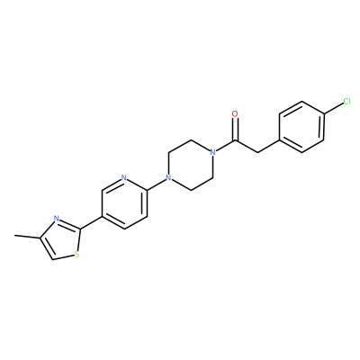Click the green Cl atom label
[346, 102]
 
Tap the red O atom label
[235, 114]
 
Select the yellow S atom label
[77, 255]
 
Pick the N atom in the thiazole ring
[55, 219]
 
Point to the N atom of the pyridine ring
[124, 177]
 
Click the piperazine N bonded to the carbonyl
[212, 152]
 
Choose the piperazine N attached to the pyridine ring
[168, 178]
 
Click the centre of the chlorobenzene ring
[301, 127]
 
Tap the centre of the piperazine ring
[191, 165]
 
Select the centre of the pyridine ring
[124, 203]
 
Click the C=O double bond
[236, 129]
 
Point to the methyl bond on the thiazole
[27, 237]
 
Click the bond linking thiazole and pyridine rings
[91, 223]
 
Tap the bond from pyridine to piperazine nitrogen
[157, 184]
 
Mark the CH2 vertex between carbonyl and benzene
[257, 152]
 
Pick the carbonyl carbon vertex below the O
[236, 140]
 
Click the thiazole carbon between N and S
[80, 229]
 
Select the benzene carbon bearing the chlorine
[325, 114]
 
